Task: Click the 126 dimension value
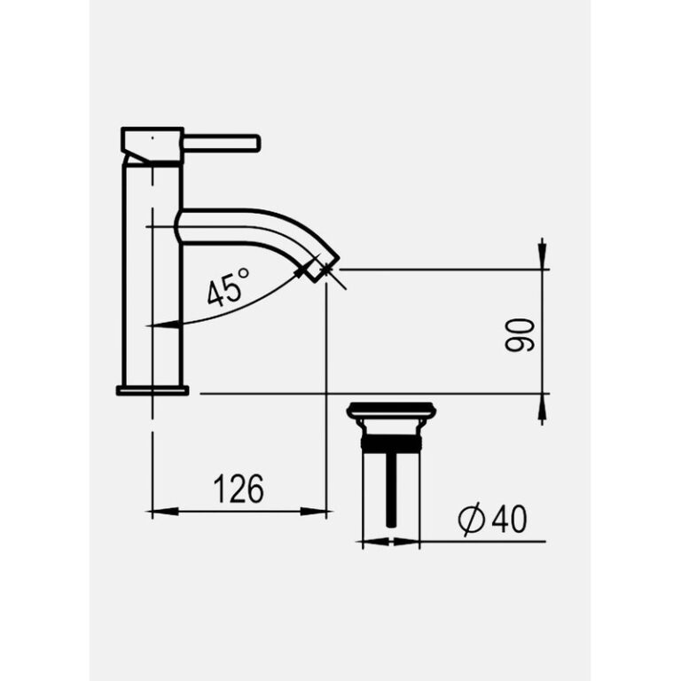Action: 239,489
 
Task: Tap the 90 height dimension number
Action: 521,333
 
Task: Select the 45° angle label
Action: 228,290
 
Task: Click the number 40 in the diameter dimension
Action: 508,520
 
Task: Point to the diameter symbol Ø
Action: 473,520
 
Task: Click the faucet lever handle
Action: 222,143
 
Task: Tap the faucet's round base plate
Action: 153,389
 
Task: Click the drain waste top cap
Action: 391,411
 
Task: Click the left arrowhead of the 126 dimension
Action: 160,512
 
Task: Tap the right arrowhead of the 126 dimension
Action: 318,512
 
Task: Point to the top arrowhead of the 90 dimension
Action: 542,256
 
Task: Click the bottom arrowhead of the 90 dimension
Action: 542,406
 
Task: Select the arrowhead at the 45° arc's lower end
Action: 159,325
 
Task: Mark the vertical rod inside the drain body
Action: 391,488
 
